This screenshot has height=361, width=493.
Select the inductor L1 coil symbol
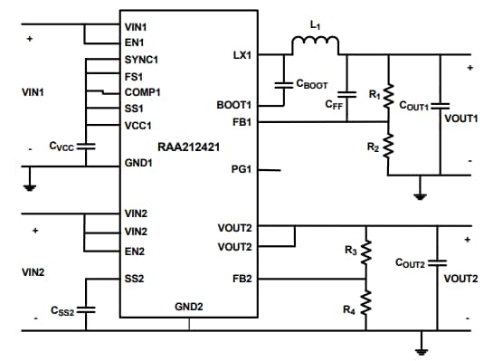[x=313, y=44]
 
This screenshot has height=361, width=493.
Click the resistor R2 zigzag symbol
[x=389, y=144]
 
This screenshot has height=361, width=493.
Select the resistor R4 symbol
[x=366, y=301]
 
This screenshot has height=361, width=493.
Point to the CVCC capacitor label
[x=62, y=146]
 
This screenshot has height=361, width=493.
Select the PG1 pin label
[x=242, y=169]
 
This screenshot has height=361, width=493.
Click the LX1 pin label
[x=242, y=55]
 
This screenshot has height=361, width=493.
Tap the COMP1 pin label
[x=142, y=91]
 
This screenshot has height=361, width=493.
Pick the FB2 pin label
[x=242, y=279]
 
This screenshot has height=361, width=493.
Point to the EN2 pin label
[x=136, y=251]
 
